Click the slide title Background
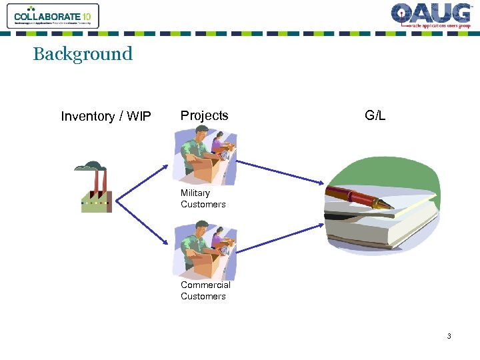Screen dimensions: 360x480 [x=83, y=54]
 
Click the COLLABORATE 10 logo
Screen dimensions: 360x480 [x=53, y=16]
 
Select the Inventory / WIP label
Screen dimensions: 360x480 [x=106, y=117]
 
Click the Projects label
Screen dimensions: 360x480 [x=204, y=115]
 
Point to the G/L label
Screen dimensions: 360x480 [x=375, y=115]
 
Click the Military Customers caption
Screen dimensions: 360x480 [x=203, y=199]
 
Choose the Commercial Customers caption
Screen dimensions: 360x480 [x=205, y=291]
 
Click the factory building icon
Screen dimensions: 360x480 [x=96, y=197]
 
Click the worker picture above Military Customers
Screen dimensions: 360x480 [x=205, y=157]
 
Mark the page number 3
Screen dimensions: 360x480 [x=449, y=337]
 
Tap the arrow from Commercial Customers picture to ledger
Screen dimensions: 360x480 [x=280, y=238]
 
